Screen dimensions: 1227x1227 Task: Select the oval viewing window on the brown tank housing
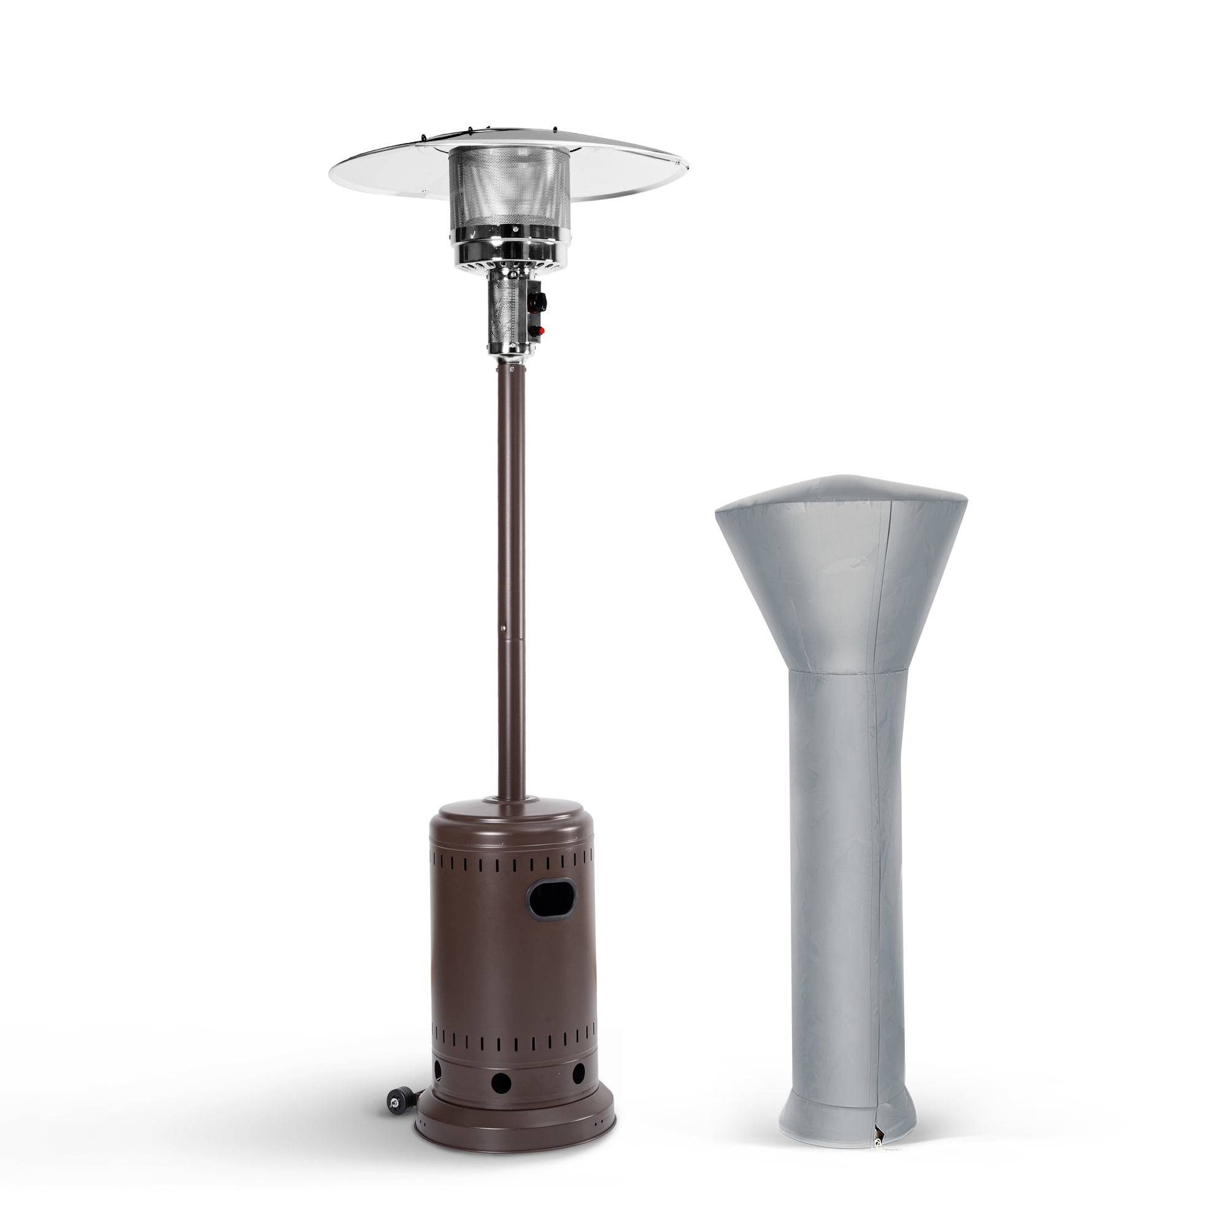coord(546,898)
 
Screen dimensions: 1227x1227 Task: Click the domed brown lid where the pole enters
coord(512,816)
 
